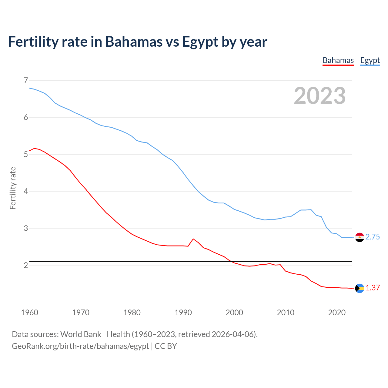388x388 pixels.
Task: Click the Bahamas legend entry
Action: tap(338, 61)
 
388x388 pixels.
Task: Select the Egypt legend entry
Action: tap(370, 61)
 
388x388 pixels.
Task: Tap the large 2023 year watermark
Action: tap(319, 96)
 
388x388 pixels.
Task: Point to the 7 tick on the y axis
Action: tap(25, 80)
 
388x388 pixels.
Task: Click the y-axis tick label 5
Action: tap(25, 154)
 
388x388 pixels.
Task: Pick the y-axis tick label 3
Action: tap(25, 228)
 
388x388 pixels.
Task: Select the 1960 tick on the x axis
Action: tap(29, 313)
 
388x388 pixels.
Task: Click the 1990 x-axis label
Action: tap(183, 313)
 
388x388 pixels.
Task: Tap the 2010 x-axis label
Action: tap(286, 313)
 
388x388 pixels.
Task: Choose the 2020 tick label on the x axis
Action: tap(337, 313)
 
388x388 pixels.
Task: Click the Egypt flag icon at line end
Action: tap(360, 237)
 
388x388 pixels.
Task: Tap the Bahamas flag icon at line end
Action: tap(360, 288)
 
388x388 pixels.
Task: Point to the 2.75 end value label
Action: tap(373, 237)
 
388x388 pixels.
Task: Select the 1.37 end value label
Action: tap(373, 288)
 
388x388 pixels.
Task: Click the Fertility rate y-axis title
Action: tap(13, 188)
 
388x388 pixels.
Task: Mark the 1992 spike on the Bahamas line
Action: tap(193, 239)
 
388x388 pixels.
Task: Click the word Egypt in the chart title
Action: tap(200, 42)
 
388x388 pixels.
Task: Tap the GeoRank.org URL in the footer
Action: tap(80, 346)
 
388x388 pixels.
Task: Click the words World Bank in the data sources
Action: tap(81, 334)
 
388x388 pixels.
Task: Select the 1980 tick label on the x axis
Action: tap(132, 313)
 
